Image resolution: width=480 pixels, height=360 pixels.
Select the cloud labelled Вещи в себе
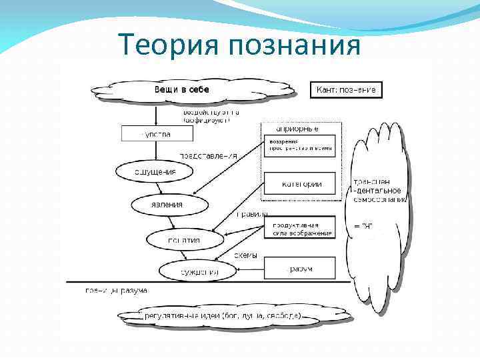(x=193, y=90)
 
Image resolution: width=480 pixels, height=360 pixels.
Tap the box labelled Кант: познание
(x=346, y=89)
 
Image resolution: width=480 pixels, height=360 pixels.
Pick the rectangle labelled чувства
(x=157, y=133)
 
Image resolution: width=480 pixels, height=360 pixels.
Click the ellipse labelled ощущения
(x=155, y=171)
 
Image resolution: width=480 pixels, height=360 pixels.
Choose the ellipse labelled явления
(x=166, y=205)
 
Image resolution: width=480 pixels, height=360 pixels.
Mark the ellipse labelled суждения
(x=198, y=271)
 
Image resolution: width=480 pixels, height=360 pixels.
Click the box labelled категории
(x=300, y=184)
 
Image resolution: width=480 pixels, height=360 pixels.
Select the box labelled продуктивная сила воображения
(x=300, y=228)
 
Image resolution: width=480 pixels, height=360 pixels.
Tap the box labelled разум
(x=300, y=269)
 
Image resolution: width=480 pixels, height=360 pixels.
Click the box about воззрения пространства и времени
(x=300, y=146)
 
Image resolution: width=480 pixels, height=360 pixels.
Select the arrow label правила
(x=253, y=214)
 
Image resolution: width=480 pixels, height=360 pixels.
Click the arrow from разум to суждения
(x=251, y=269)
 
